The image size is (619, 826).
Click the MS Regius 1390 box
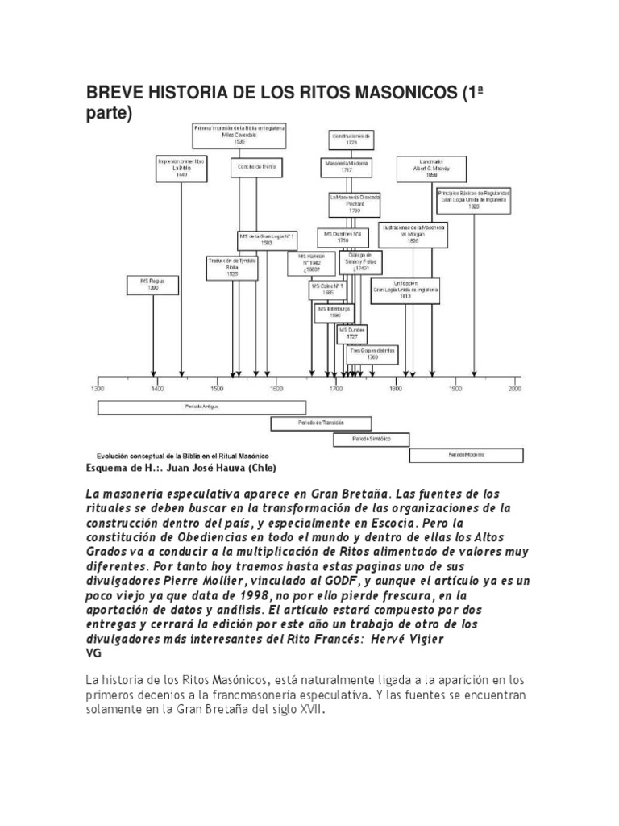coord(153,285)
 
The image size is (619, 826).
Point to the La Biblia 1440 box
coord(181,167)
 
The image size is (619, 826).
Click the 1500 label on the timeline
coord(217,389)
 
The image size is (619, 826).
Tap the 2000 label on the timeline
coord(515,389)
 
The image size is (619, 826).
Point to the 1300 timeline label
coord(98,389)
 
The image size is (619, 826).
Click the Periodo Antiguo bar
coord(201,407)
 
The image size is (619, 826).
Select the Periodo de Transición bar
coord(321,423)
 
